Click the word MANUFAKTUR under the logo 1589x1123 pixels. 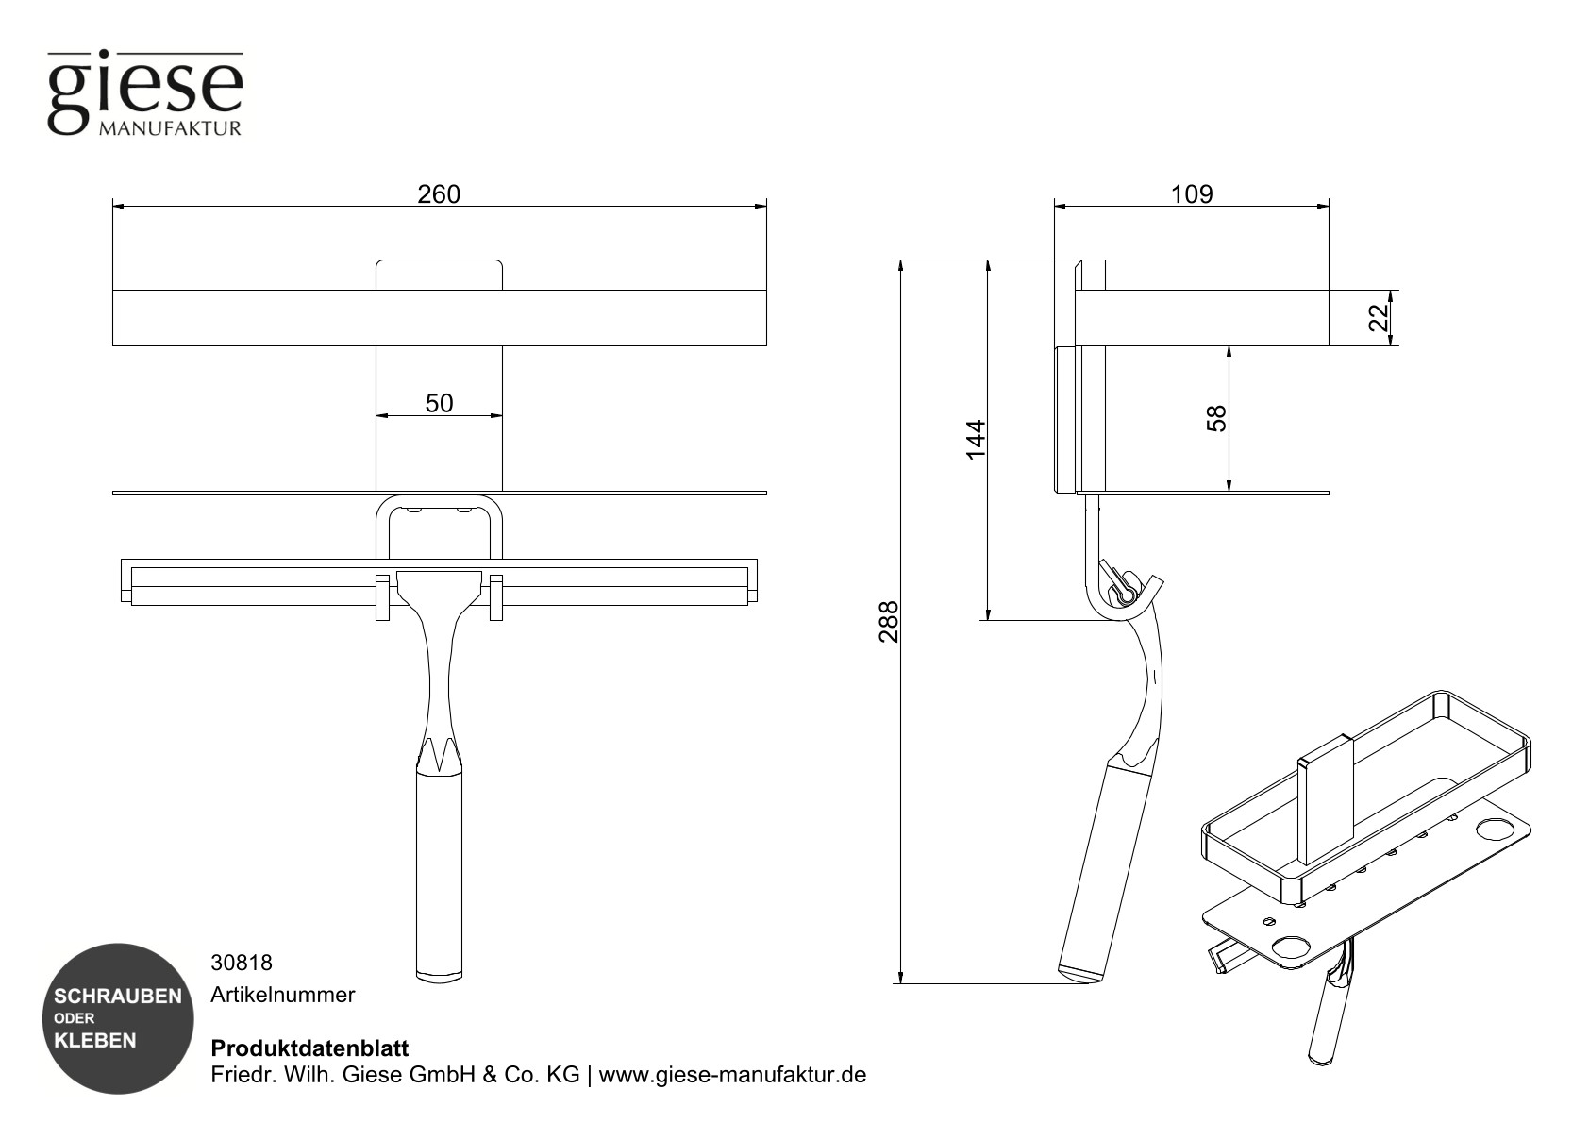coord(170,127)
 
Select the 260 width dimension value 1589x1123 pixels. coord(439,194)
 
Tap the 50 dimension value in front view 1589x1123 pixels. coord(439,404)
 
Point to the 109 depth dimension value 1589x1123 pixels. coord(1191,194)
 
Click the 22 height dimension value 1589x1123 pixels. coord(1380,318)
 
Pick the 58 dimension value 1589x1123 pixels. coord(1218,418)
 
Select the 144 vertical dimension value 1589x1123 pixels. coord(976,440)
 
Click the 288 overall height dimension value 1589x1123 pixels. coord(889,622)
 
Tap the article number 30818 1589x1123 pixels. coord(242,963)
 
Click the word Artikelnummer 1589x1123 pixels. coord(283,995)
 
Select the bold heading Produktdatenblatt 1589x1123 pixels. coord(309,1048)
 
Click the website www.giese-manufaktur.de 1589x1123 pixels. coord(732,1075)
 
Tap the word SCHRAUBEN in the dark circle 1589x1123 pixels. coord(118,997)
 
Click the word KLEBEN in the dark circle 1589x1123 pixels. coord(95,1041)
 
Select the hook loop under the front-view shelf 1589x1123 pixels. coord(439,524)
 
